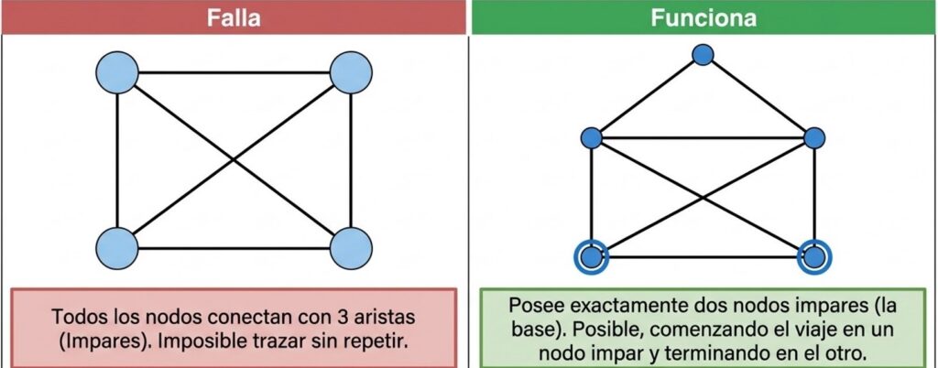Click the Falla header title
pyautogui.click(x=234, y=18)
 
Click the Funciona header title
pyautogui.click(x=703, y=18)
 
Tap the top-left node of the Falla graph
pyautogui.click(x=117, y=72)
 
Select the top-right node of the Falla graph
pyautogui.click(x=351, y=72)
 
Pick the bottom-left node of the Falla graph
pyautogui.click(x=117, y=248)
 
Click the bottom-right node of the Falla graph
pyautogui.click(x=351, y=248)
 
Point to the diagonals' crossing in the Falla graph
pyautogui.click(x=234, y=160)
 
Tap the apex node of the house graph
pyautogui.click(x=703, y=54)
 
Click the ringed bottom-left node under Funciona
pyautogui.click(x=591, y=257)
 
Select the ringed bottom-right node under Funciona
pyautogui.click(x=814, y=257)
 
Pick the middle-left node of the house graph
pyautogui.click(x=591, y=138)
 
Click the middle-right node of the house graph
pyautogui.click(x=814, y=138)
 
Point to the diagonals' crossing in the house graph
pyautogui.click(x=703, y=198)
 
